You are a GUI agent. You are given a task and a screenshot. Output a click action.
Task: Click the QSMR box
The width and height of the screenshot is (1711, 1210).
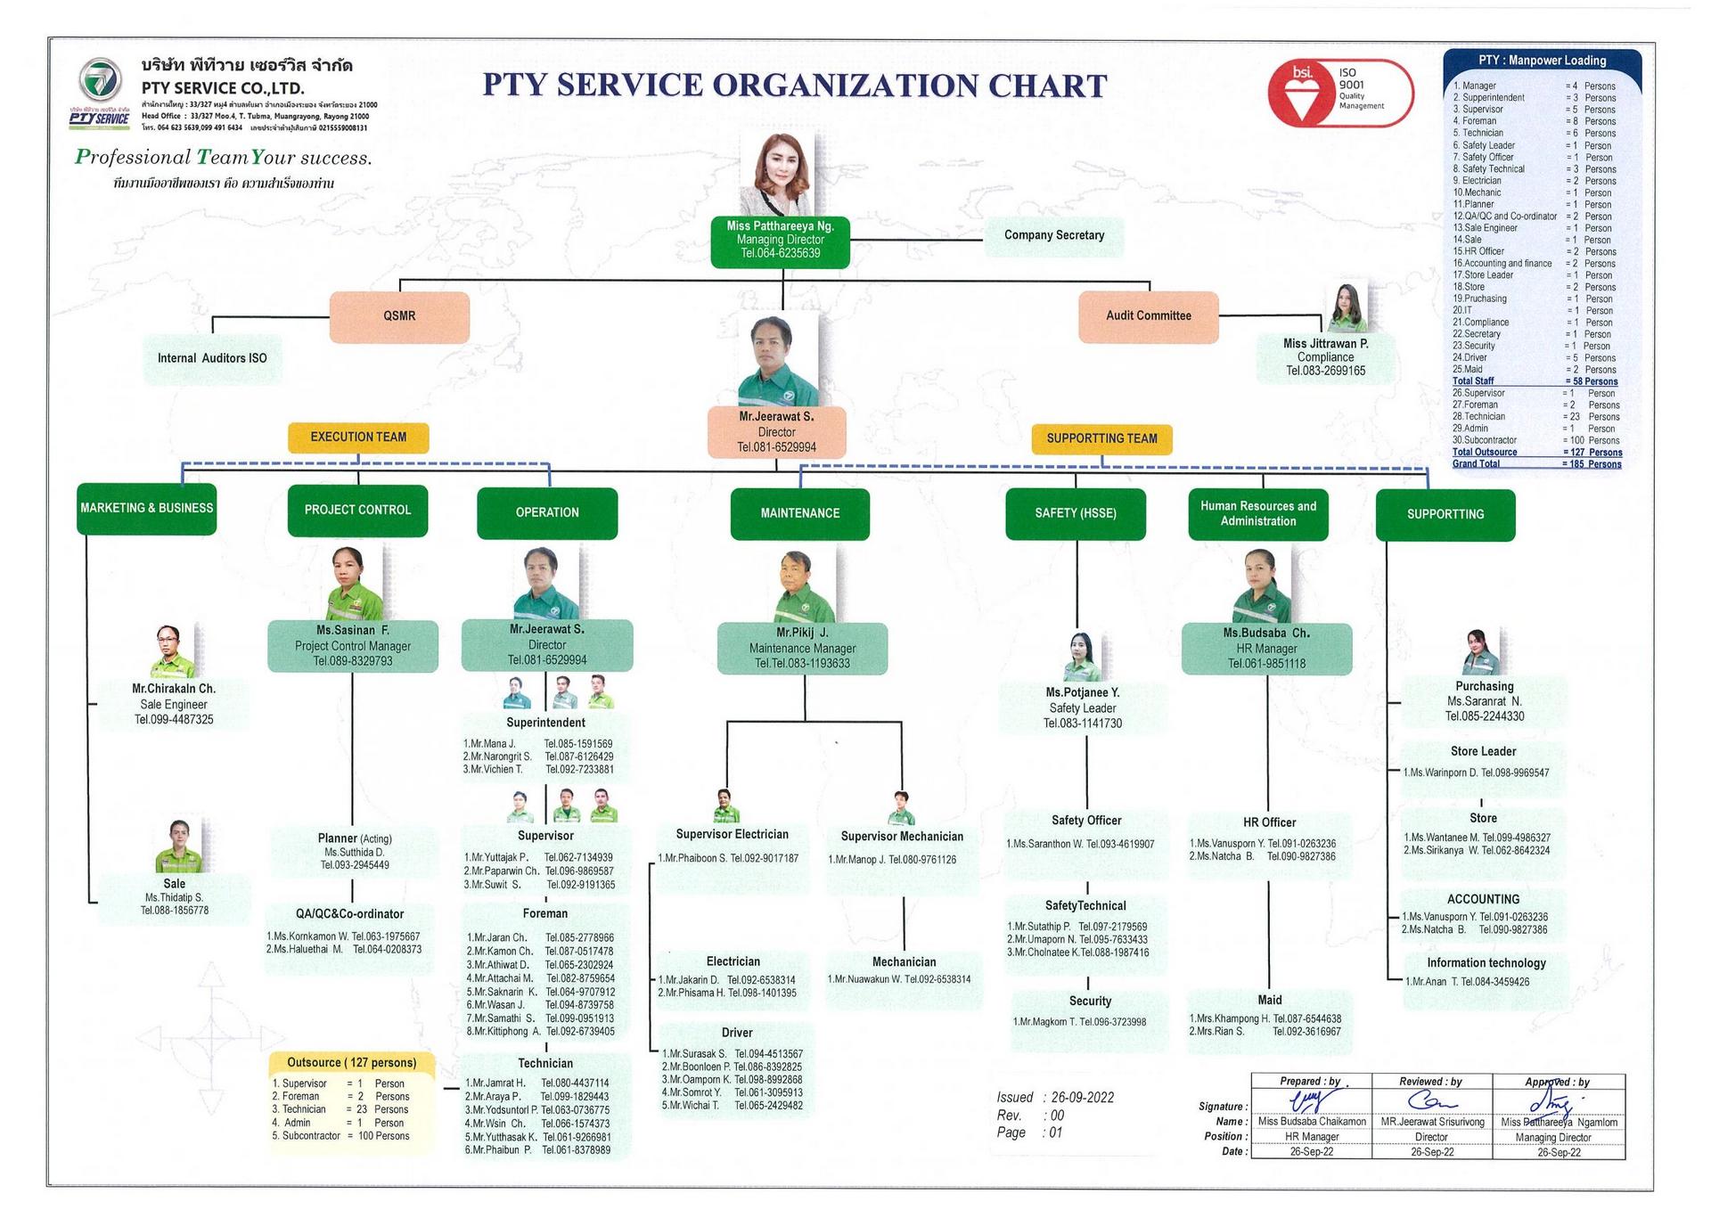(399, 316)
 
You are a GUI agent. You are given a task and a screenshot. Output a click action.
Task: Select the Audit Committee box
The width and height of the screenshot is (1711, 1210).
(1148, 316)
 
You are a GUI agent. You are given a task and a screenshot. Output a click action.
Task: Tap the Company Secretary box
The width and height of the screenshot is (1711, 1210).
(1053, 235)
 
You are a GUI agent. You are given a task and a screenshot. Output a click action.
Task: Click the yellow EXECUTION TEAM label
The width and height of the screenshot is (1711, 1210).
(358, 437)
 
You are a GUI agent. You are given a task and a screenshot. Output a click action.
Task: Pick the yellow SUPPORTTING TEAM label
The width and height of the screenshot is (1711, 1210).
(1101, 438)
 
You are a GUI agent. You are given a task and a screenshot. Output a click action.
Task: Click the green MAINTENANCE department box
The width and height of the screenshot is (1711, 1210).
(799, 513)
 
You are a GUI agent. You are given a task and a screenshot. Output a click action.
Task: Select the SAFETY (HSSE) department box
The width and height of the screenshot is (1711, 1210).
(1076, 513)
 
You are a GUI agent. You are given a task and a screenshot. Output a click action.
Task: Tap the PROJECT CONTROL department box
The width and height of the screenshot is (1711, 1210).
(357, 510)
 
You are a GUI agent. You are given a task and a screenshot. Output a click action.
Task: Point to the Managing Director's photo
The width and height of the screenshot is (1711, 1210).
(776, 174)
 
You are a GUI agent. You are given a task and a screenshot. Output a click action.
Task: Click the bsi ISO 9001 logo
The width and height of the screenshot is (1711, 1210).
(1339, 93)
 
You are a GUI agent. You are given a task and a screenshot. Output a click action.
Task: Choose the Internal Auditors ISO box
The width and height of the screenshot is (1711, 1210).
(212, 358)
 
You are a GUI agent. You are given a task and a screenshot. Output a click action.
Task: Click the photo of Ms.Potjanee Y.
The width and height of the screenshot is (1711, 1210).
(1081, 656)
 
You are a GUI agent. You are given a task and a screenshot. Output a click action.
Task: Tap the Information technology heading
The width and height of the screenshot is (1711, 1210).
(1486, 962)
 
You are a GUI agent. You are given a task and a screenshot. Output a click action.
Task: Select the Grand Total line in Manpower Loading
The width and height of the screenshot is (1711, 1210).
(1536, 464)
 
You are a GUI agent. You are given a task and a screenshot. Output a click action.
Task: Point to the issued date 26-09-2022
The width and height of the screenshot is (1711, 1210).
(1082, 1097)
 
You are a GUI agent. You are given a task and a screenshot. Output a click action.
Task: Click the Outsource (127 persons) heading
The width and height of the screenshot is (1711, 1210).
(351, 1062)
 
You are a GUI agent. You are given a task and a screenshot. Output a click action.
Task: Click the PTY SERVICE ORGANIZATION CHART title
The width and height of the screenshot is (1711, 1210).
(794, 86)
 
